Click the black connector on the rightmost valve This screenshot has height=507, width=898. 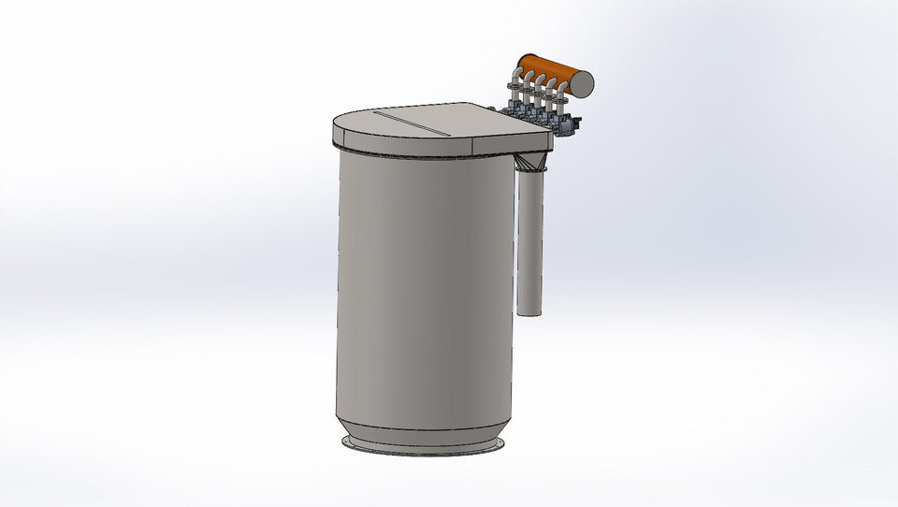577,121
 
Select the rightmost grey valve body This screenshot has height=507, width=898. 566,125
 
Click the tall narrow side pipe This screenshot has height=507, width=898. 530,243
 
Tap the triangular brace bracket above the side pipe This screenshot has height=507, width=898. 532,165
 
